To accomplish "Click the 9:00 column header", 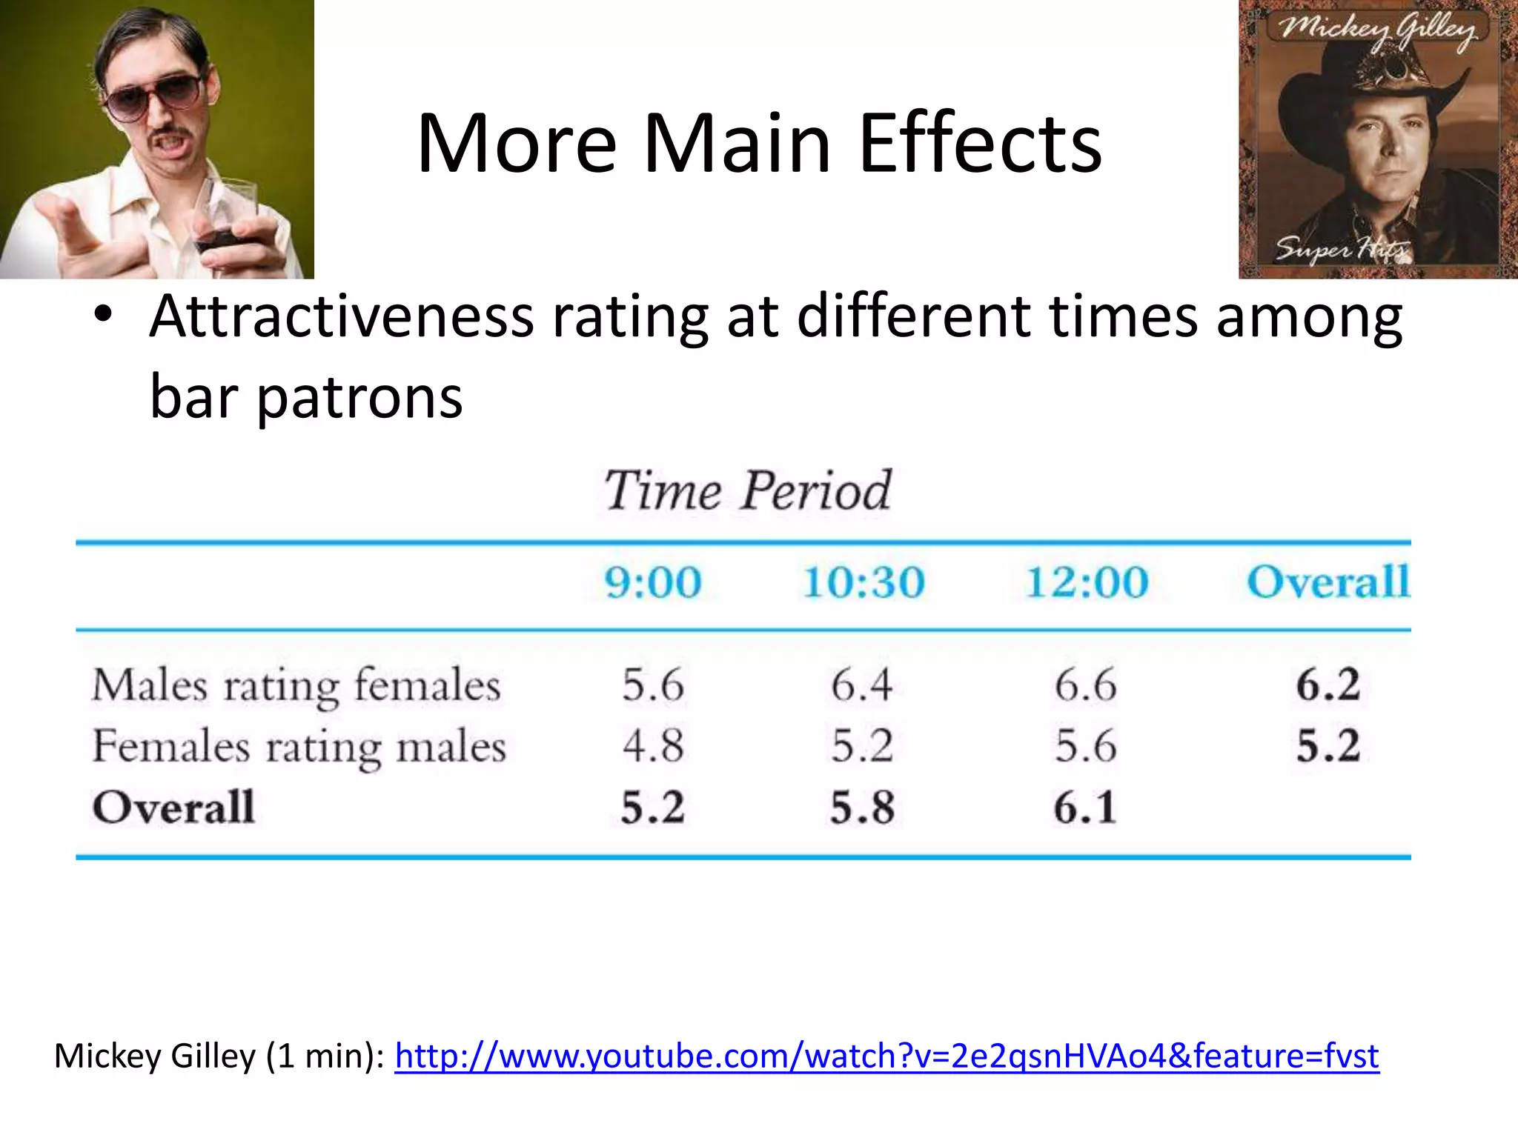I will (x=652, y=582).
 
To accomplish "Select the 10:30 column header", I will (x=864, y=582).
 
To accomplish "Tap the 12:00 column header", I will (x=1087, y=582).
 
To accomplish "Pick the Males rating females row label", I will (x=296, y=685).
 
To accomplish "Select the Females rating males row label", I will (x=299, y=746).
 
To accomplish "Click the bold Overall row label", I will (x=173, y=807).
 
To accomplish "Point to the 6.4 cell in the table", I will (x=861, y=685).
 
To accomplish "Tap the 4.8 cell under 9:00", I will (x=652, y=746).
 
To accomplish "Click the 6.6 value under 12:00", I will (x=1085, y=685).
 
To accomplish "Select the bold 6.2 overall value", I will (x=1328, y=685).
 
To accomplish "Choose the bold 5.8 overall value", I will (x=862, y=808).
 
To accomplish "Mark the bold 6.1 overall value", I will (x=1085, y=808).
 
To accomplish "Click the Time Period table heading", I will (x=747, y=490).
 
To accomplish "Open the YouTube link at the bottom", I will (x=886, y=1056).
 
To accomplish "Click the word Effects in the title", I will (x=980, y=144).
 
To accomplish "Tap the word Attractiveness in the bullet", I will (x=341, y=317).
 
